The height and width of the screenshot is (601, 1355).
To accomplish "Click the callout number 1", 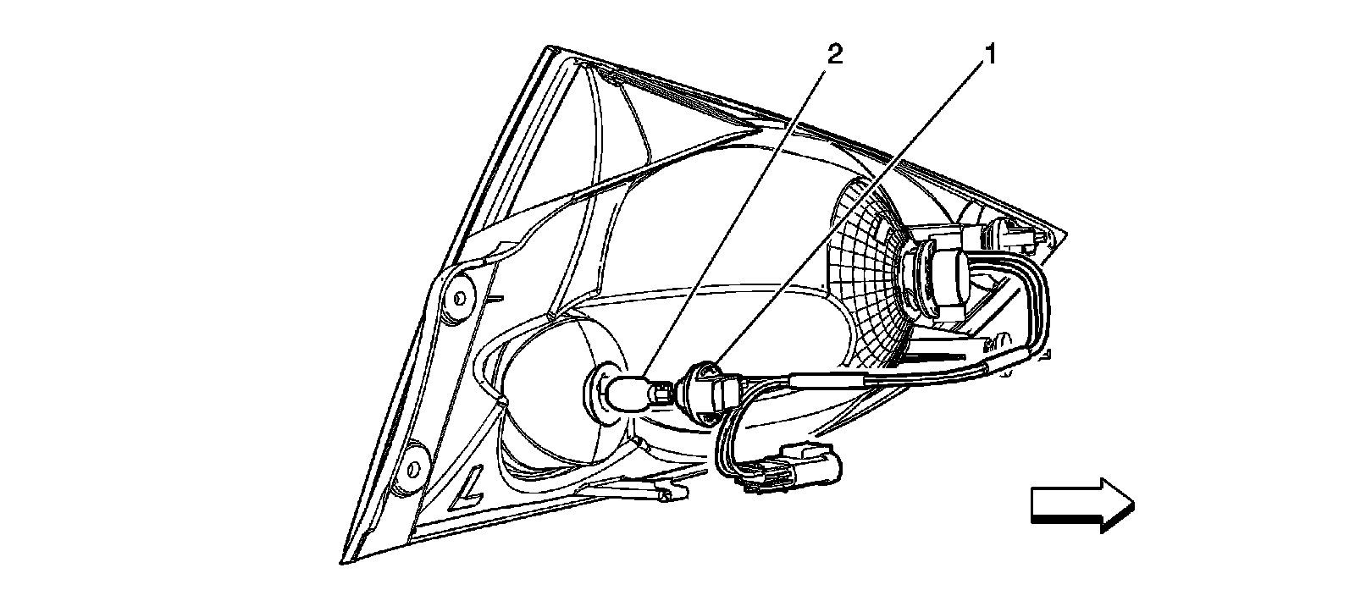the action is pyautogui.click(x=987, y=55).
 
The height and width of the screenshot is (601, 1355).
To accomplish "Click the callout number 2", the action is pyautogui.click(x=834, y=55).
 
